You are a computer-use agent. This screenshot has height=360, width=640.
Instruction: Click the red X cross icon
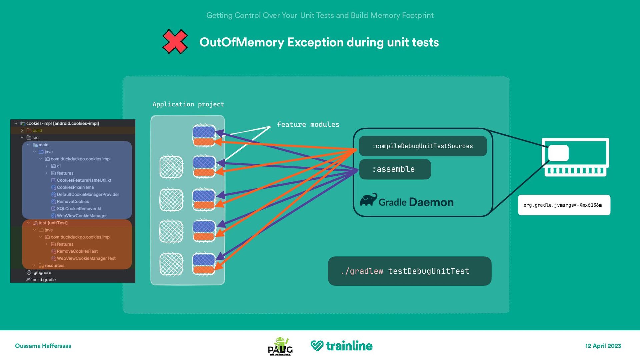click(x=175, y=42)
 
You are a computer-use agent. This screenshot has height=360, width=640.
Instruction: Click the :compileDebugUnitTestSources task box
click(x=423, y=146)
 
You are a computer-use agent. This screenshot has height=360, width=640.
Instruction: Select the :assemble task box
click(x=395, y=169)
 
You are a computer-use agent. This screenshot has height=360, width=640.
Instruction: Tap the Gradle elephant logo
click(x=368, y=200)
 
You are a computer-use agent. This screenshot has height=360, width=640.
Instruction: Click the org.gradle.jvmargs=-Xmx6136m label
click(x=564, y=205)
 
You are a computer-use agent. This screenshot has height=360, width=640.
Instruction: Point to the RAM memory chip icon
click(x=575, y=157)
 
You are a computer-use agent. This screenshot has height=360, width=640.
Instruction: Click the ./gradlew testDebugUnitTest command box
click(x=409, y=271)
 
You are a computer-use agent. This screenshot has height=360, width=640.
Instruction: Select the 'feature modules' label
click(x=308, y=124)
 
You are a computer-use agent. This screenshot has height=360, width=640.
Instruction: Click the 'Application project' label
click(x=188, y=104)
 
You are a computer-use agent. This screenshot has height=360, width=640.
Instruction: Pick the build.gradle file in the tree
click(x=44, y=280)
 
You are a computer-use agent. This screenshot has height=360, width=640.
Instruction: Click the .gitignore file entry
click(x=42, y=273)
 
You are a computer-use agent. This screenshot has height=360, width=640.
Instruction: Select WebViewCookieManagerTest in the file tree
click(x=86, y=258)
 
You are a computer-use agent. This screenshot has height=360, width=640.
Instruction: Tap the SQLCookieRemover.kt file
click(x=79, y=209)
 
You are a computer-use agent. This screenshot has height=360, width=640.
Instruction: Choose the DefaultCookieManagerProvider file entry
click(x=88, y=194)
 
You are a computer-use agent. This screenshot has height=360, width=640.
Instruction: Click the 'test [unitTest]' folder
click(x=53, y=223)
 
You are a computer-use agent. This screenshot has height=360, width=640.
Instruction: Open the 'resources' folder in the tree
click(x=54, y=266)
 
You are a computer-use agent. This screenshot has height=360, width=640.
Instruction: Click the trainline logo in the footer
click(x=341, y=346)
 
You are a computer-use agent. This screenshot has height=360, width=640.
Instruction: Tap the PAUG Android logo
click(x=280, y=346)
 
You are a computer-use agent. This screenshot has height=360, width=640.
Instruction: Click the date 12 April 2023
click(x=603, y=346)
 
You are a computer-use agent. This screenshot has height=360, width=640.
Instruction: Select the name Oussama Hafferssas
click(x=43, y=346)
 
